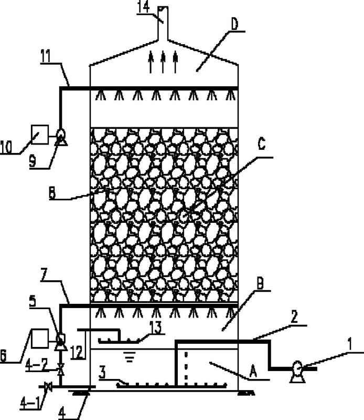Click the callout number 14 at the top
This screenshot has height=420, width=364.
coord(143,7)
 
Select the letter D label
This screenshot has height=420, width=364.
coord(234,24)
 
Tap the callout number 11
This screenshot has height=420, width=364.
coord(47,56)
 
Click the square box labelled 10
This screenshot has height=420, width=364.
coord(40,135)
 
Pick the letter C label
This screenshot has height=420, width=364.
coord(261,144)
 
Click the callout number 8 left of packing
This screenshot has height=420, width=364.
coord(52,193)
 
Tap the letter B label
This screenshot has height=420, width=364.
coord(260,283)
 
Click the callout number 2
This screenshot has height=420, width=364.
coord(294,317)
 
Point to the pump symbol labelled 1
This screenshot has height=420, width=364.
coord(297,372)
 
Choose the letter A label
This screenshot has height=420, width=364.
coord(253,372)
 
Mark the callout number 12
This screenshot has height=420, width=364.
coord(77,352)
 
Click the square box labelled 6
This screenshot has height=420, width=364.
coord(40,339)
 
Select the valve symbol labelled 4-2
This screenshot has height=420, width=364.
coord(61,369)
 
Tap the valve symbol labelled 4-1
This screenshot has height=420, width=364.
coord(48,387)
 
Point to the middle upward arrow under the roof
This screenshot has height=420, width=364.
coord(163,62)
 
